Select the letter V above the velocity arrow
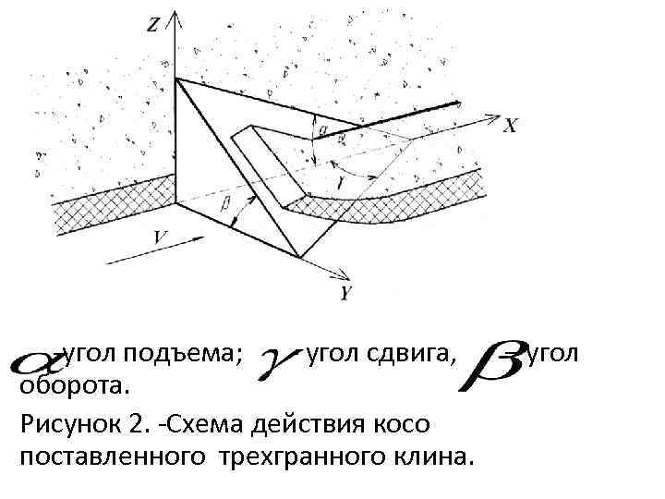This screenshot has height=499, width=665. point(161,237)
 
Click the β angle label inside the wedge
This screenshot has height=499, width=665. point(225,204)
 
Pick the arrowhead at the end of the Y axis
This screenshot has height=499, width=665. point(343,274)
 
